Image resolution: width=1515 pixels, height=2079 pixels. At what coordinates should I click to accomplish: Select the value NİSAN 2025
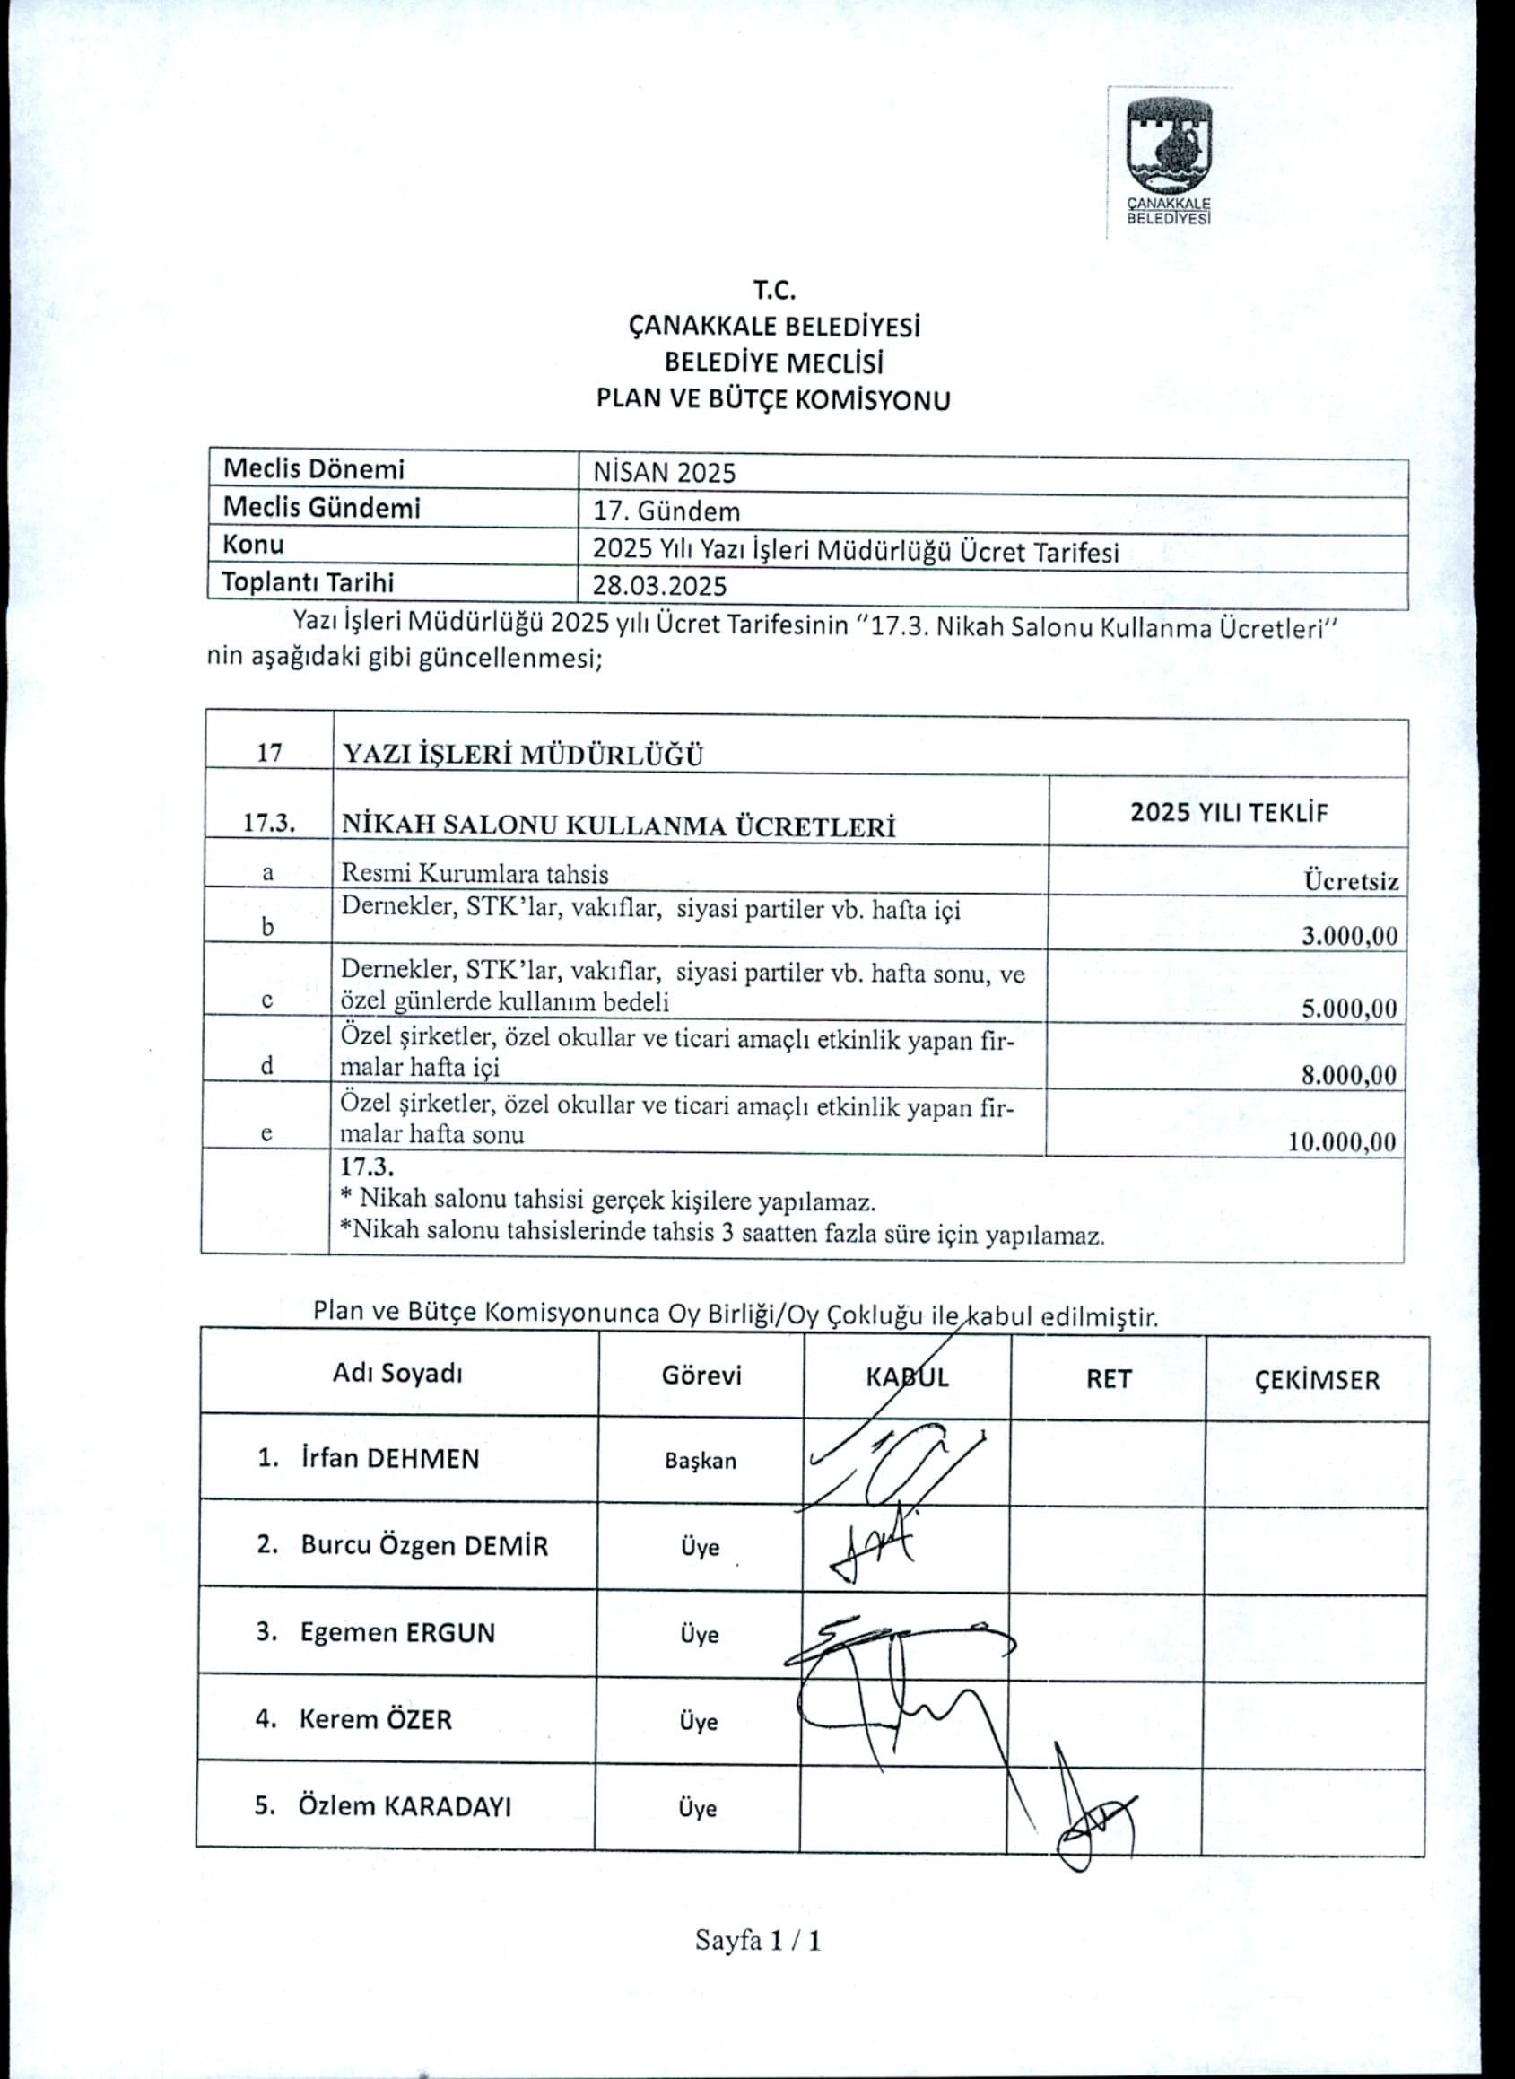(x=664, y=473)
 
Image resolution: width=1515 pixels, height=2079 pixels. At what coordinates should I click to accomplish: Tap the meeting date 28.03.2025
(x=659, y=586)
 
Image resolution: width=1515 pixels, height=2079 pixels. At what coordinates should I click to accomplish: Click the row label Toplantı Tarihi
(x=309, y=582)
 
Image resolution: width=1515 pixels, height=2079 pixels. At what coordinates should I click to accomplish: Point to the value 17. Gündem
(x=666, y=511)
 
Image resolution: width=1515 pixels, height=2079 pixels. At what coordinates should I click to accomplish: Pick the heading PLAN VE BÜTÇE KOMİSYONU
(x=773, y=400)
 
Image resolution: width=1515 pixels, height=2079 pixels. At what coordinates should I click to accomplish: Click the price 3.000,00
(x=1350, y=936)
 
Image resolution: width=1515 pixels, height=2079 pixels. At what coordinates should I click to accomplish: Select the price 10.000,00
(x=1343, y=1141)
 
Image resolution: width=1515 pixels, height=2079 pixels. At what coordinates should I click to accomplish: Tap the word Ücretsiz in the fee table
(x=1352, y=882)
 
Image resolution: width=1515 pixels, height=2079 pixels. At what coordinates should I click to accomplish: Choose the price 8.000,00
(x=1349, y=1074)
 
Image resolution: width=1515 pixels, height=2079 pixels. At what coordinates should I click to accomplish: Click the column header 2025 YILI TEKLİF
(x=1229, y=812)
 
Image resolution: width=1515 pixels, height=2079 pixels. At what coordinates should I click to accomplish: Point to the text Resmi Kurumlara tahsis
(x=475, y=873)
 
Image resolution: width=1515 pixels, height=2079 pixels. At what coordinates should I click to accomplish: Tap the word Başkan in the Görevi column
(x=701, y=1461)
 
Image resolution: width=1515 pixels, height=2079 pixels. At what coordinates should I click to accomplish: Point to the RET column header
(x=1108, y=1378)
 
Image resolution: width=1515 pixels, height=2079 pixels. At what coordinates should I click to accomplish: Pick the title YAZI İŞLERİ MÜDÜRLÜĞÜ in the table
(x=523, y=756)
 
